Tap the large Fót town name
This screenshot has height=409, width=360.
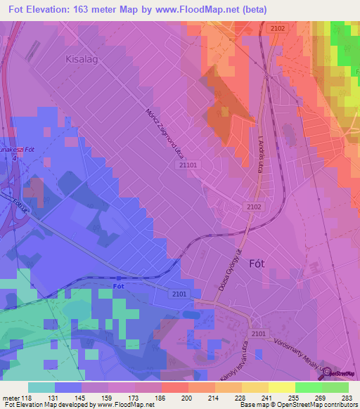point(258,264)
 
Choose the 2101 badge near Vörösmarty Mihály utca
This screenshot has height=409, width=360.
point(258,333)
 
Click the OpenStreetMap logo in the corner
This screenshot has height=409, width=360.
point(338,374)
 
